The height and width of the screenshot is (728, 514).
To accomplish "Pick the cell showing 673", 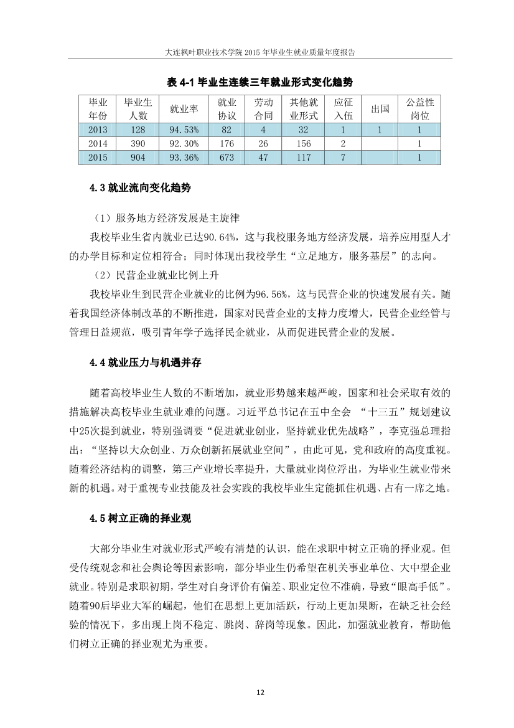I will point(227,158).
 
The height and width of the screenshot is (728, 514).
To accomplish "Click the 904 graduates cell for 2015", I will point(138,158).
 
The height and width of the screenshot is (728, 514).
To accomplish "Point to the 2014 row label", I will point(98,143).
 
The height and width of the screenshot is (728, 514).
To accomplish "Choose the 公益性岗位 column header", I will point(419,109).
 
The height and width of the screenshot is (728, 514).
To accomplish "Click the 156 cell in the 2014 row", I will point(304,143).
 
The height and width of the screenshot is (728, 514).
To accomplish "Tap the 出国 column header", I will point(380,109).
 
